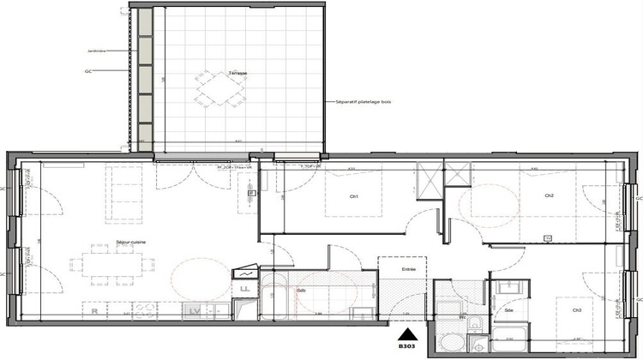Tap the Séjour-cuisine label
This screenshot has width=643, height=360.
point(130,243)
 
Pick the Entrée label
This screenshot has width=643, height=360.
point(408,270)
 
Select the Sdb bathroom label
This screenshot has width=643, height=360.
point(301,291)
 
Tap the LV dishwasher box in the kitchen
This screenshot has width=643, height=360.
point(195,309)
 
